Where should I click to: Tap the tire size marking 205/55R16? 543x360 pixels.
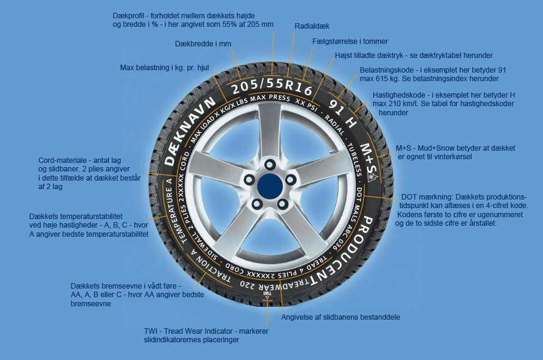272,87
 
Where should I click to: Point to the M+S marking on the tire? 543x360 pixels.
368,159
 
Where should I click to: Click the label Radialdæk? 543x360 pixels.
312,26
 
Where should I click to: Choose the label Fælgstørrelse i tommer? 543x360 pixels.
350,41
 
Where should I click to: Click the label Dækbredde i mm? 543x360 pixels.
203,44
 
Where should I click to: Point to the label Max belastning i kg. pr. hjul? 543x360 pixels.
165,68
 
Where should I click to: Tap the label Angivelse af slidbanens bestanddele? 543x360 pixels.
340,317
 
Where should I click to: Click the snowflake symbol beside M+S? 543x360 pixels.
372,178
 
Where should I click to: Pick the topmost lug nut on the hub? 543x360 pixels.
270,164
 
